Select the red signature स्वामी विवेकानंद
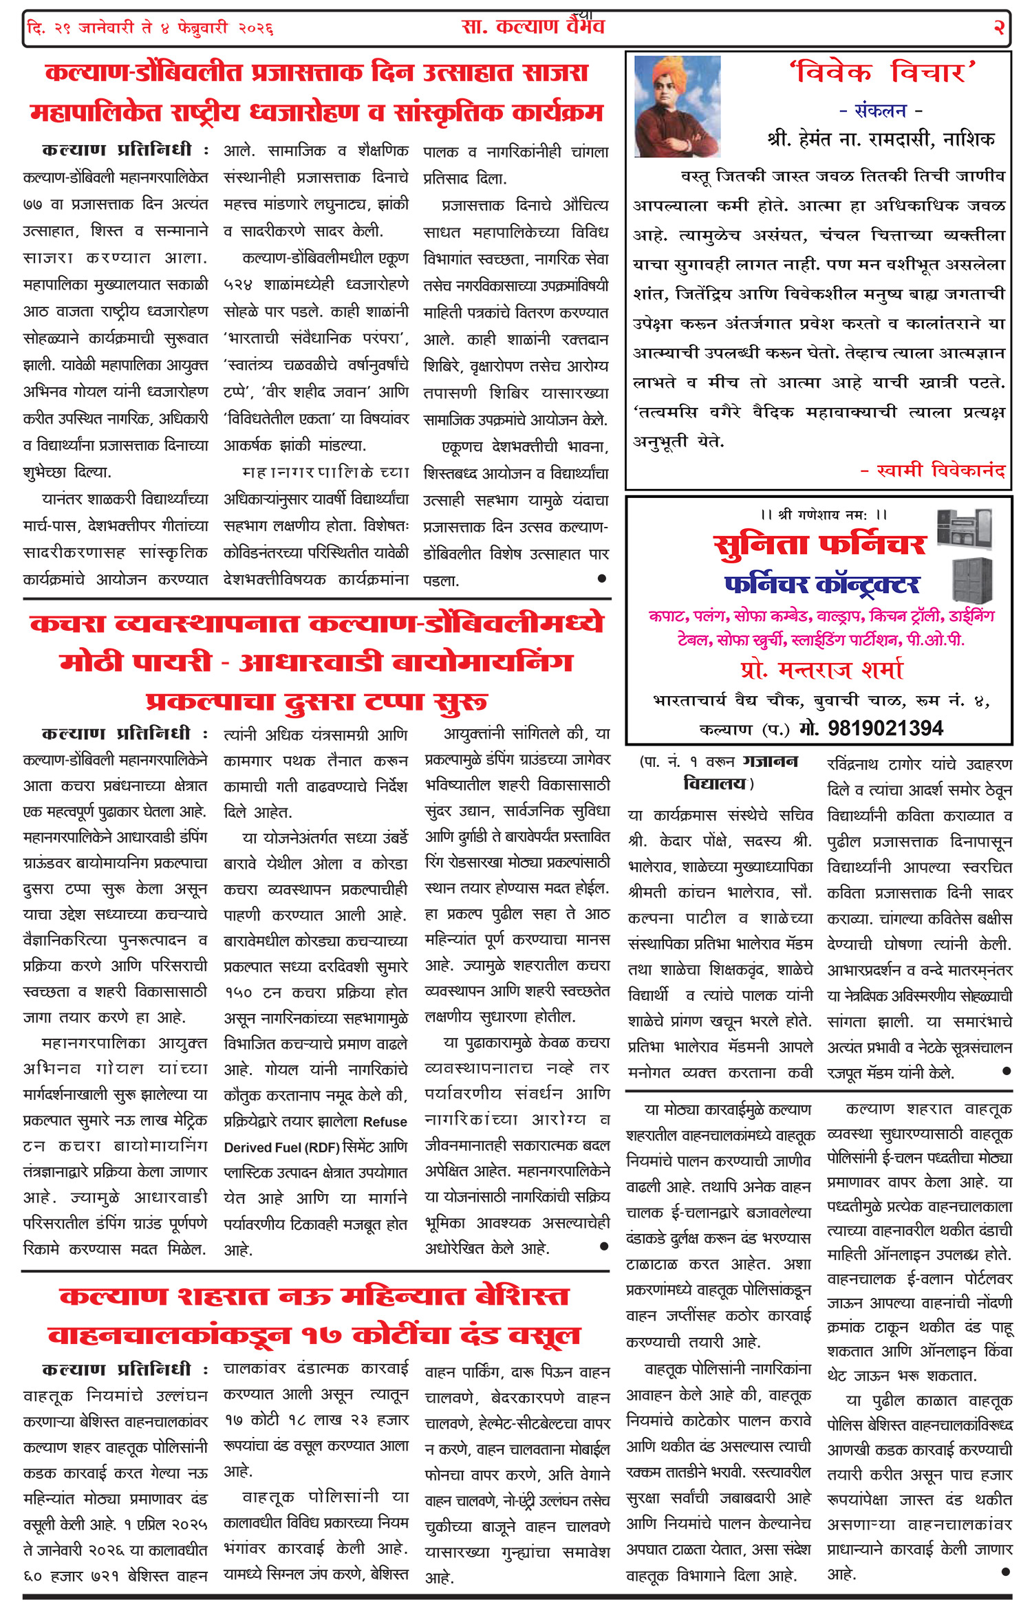pyautogui.click(x=933, y=470)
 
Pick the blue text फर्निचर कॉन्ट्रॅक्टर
pyautogui.click(x=821, y=585)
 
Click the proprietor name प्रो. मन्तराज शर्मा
pyautogui.click(x=821, y=669)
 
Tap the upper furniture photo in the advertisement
pyautogui.click(x=965, y=528)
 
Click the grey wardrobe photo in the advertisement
pyautogui.click(x=972, y=579)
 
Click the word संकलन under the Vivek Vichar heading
pyautogui.click(x=881, y=110)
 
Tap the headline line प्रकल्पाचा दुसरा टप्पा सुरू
pyautogui.click(x=316, y=702)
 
